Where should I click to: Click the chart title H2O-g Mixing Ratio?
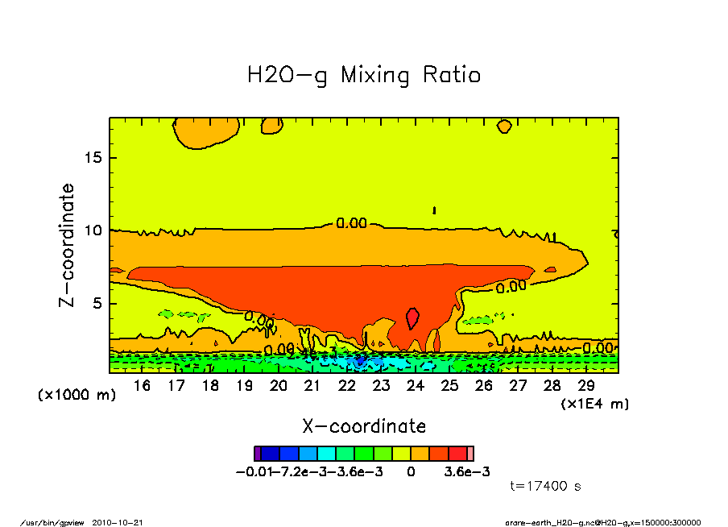coord(364,76)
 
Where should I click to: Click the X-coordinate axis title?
coord(364,426)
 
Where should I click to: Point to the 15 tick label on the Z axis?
coord(94,157)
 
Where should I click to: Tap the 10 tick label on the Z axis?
coord(94,230)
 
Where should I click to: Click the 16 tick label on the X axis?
coord(142,386)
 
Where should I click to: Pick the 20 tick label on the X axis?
coord(278,386)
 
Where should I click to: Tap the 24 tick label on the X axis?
coord(415,386)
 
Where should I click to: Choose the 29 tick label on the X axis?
coord(585,386)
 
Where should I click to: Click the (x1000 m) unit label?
coord(77,395)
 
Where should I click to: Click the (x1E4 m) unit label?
coord(594,403)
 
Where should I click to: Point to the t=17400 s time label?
coord(546,486)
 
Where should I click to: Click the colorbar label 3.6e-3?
coord(467,472)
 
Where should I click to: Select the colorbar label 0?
coord(411,472)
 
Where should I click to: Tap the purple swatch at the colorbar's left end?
coord(257,454)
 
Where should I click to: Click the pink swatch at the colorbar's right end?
coord(471,454)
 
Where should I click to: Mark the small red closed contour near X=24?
coord(413,317)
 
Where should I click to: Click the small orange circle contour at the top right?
coord(505,126)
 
